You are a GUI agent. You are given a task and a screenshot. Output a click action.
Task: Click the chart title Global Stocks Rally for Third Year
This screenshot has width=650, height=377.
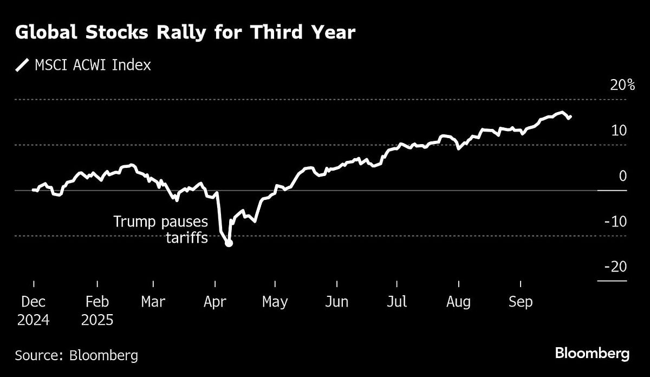click(185, 32)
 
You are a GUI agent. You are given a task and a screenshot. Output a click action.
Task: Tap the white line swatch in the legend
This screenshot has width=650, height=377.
click(22, 66)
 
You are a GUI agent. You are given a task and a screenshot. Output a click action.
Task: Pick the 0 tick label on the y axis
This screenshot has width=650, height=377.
click(623, 176)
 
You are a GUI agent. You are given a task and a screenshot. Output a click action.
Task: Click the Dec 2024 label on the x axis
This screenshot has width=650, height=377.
click(33, 310)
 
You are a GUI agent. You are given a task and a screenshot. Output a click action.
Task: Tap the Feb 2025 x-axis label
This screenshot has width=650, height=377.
click(97, 310)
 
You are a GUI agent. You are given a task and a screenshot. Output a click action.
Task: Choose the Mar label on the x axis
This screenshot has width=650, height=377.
click(153, 302)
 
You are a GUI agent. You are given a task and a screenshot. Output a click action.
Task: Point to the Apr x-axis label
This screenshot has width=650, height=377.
click(216, 302)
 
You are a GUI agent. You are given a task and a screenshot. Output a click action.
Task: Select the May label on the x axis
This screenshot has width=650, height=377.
click(275, 302)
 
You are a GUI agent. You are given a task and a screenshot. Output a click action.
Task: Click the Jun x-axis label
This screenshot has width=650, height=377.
click(336, 302)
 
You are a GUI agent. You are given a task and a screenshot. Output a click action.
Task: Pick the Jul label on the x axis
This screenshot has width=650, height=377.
click(398, 302)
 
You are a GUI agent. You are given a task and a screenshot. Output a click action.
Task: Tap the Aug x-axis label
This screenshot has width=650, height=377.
click(459, 302)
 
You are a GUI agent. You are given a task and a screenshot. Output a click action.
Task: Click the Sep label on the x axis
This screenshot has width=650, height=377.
click(521, 302)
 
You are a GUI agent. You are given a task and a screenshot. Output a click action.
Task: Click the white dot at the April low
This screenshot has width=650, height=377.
click(229, 243)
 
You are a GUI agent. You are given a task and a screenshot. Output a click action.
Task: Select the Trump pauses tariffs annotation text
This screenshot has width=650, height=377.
click(160, 229)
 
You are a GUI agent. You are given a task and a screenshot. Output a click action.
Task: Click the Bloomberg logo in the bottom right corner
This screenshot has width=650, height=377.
click(592, 354)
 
